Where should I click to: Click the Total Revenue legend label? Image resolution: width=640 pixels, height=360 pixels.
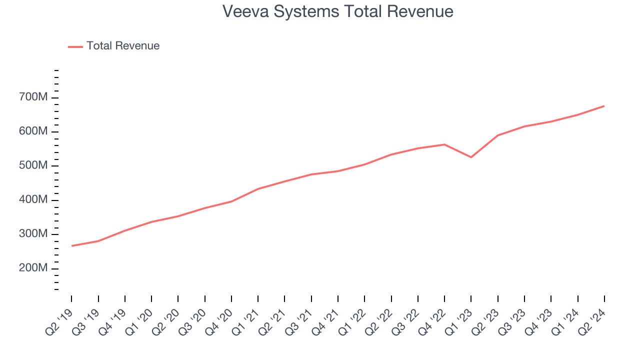pos(123,46)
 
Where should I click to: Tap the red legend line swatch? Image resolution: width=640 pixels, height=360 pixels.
pos(75,46)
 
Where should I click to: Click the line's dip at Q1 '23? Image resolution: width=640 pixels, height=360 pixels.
pos(471,157)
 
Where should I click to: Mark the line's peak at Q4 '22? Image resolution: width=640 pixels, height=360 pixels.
pos(444,144)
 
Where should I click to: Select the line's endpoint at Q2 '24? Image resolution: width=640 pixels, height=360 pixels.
pos(604,106)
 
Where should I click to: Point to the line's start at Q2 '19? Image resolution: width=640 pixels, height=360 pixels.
pos(71,246)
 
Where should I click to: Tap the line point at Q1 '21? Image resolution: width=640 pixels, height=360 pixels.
pos(258,189)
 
